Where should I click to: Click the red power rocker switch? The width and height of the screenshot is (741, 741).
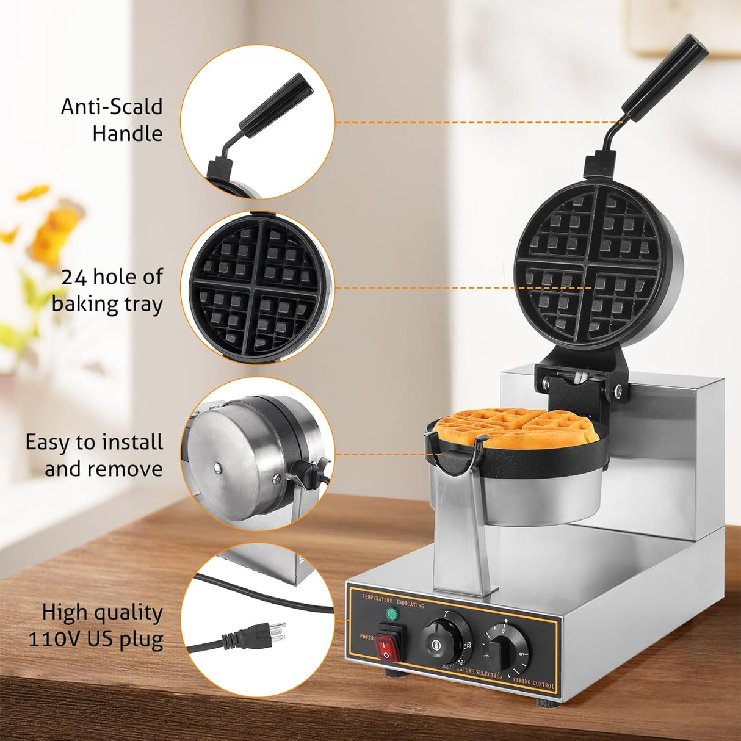point(389,642)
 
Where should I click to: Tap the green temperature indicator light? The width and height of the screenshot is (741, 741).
point(390,614)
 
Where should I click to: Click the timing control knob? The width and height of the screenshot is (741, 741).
point(505,649)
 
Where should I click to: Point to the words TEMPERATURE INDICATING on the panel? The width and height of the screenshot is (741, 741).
point(392,599)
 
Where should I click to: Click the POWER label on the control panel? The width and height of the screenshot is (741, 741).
point(366,637)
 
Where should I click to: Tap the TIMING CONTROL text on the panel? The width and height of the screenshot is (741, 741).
point(533,682)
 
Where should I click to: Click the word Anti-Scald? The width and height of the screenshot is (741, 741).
point(112,107)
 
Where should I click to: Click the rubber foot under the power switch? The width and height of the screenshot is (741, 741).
point(392,673)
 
